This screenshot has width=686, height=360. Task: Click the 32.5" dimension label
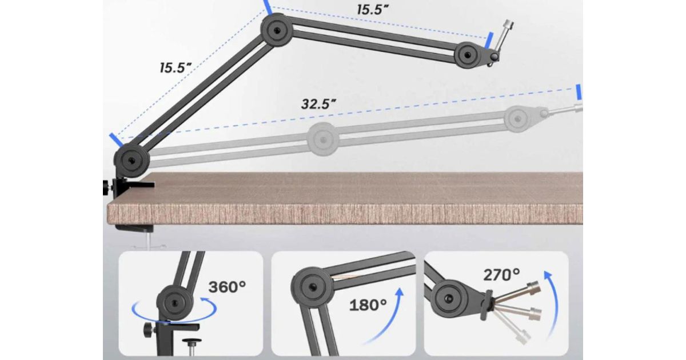pyautogui.click(x=318, y=104)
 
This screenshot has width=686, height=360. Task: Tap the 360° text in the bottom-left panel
pyautogui.click(x=227, y=287)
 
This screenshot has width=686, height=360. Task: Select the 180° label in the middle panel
pyautogui.click(x=368, y=305)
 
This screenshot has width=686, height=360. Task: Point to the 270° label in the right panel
pyautogui.click(x=502, y=275)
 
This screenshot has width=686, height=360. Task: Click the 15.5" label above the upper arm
pyautogui.click(x=373, y=10)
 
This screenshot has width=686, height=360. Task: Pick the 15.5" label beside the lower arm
pyautogui.click(x=176, y=67)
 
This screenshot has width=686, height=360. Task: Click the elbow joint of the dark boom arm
pyautogui.click(x=277, y=30)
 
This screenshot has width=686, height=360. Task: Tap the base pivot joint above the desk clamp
pyautogui.click(x=131, y=160)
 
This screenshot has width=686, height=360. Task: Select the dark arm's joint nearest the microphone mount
pyautogui.click(x=467, y=55)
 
